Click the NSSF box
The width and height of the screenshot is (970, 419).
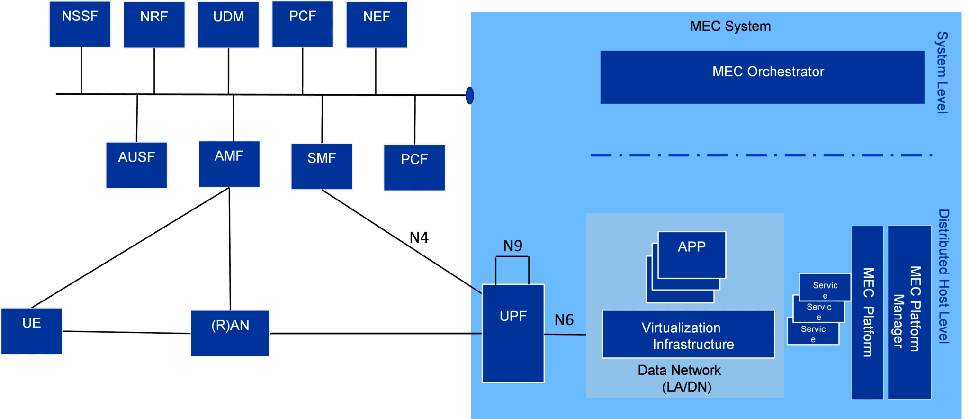click(80, 25)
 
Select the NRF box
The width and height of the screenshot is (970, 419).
click(154, 25)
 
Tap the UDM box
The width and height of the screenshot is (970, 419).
click(228, 25)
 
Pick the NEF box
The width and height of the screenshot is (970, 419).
click(377, 25)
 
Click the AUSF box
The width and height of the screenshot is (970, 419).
click(136, 165)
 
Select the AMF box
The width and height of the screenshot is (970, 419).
click(229, 164)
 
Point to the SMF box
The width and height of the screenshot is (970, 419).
click(322, 166)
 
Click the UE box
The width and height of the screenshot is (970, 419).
click(32, 331)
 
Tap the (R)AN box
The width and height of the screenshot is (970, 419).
click(230, 333)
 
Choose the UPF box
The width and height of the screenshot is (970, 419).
click(513, 333)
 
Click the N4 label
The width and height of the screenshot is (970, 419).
click(419, 237)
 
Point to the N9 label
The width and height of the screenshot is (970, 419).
click(512, 246)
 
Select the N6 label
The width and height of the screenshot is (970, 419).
click(564, 320)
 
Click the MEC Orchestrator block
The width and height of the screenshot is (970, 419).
click(762, 77)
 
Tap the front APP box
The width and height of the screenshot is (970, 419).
click(692, 255)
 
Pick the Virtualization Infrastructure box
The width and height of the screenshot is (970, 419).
click(688, 334)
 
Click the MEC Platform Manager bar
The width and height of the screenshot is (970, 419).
click(909, 312)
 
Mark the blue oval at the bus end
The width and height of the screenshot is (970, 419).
click(469, 95)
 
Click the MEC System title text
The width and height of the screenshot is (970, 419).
click(730, 26)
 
